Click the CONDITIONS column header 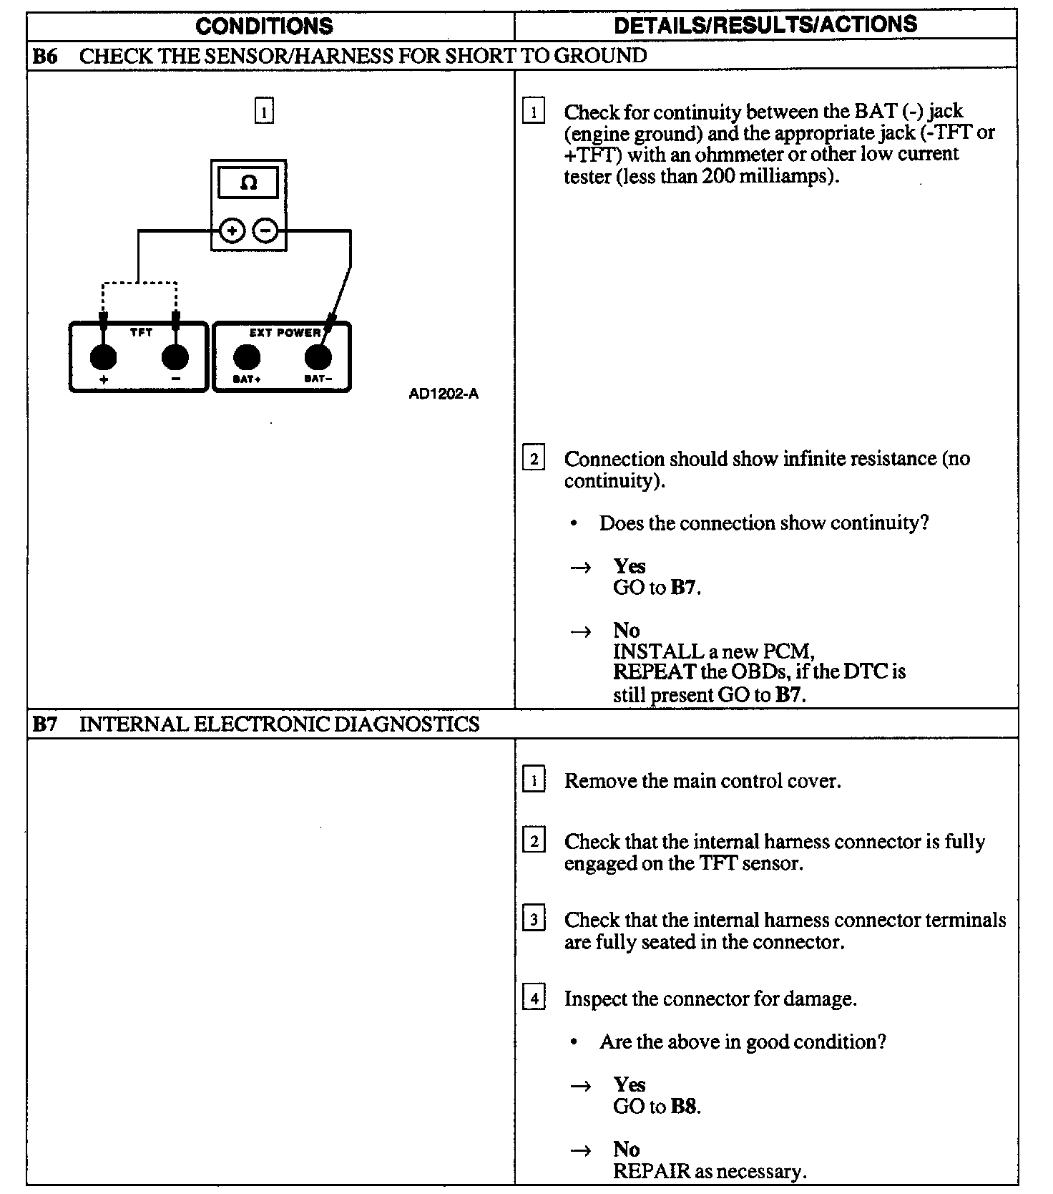pos(264,26)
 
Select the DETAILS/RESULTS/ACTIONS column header pos(765,24)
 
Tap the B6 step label pos(44,56)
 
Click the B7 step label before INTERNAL pos(44,724)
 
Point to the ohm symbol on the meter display pos(248,183)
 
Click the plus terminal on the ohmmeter pos(232,230)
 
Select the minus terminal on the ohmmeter pos(265,230)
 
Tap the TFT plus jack pos(104,356)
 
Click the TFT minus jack pos(175,356)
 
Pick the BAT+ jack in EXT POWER pos(247,356)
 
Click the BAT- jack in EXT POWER pos(318,356)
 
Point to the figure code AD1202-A pos(444,394)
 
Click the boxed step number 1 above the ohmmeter pos(264,112)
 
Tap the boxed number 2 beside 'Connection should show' pos(534,458)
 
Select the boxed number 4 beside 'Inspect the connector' pos(534,997)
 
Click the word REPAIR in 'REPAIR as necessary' pos(652,1171)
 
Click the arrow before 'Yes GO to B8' pos(580,1086)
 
